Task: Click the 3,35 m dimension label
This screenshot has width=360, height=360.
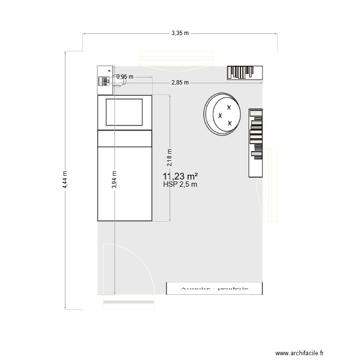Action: coord(180,33)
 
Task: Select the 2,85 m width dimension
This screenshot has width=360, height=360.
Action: coord(180,83)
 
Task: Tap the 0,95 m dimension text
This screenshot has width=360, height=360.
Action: coord(125,77)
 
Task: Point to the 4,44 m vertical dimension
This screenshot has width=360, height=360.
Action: coord(66,180)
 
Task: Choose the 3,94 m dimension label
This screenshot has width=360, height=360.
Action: coord(114,181)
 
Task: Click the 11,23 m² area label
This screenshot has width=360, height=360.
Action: coord(180,176)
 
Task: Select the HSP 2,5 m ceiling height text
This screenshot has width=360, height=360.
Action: coord(180,184)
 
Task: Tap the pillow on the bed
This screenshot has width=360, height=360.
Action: coord(124,112)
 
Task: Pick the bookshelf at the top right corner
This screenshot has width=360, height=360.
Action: coord(245,72)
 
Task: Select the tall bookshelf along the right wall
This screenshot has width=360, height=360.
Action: coord(256,143)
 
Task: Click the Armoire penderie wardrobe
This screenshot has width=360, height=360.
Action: coord(214,288)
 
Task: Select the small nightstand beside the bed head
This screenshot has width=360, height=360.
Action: coord(104,80)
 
